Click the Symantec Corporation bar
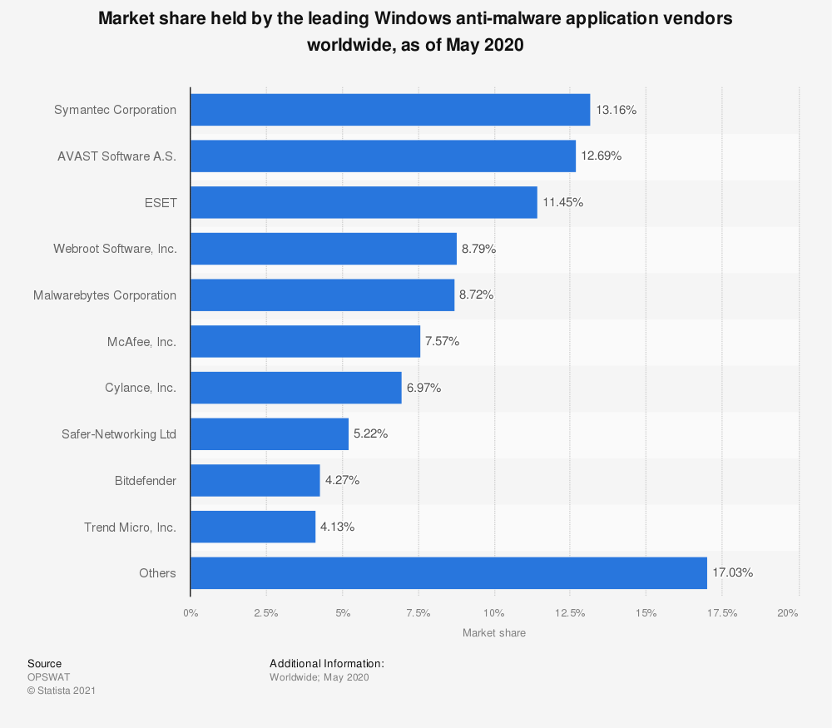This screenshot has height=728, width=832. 390,110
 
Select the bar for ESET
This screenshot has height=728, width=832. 364,202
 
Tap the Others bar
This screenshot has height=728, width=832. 448,573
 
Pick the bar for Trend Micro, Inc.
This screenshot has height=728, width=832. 253,527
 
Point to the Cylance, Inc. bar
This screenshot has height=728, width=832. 295,388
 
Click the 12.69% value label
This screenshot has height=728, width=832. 602,156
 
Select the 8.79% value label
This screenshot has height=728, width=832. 478,249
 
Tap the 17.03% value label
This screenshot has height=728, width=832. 733,573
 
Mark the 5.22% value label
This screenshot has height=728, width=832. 370,434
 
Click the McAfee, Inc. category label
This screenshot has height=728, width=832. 141,341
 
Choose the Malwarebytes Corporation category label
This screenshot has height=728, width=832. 105,295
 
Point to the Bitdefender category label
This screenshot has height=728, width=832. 146,481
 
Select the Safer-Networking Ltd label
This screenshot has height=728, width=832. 119,434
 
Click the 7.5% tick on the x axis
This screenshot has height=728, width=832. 418,614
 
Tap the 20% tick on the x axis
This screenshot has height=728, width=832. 788,614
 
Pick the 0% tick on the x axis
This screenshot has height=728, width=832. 191,614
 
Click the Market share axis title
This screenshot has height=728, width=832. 494,633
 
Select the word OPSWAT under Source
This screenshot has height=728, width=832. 49,677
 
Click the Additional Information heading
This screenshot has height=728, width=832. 327,664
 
